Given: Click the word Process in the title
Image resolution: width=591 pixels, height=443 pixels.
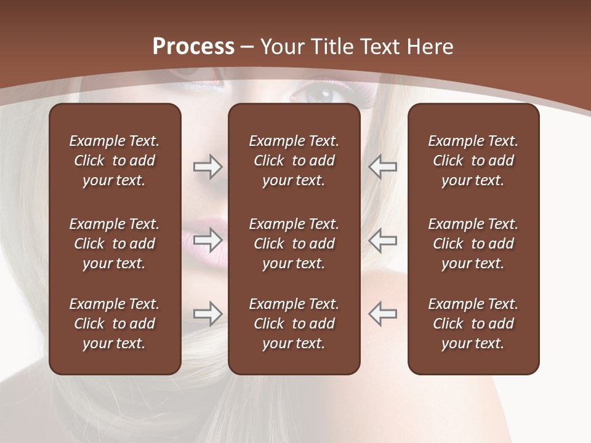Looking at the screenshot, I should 193,47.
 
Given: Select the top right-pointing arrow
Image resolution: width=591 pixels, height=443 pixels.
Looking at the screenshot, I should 208,167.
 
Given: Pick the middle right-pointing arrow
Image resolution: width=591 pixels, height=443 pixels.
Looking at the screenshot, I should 208,239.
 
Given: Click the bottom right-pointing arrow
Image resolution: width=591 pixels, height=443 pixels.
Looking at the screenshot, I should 208,313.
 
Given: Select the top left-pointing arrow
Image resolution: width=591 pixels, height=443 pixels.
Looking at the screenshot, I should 383,167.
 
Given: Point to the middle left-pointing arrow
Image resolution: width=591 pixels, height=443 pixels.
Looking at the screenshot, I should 383,239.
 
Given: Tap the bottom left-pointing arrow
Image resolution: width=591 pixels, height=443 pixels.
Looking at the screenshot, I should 383,313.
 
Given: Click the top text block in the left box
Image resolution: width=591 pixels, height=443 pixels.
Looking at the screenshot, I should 115,161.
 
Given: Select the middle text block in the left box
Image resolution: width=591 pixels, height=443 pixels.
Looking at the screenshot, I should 115,244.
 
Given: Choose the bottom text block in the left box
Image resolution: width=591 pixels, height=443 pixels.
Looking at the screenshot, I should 115,324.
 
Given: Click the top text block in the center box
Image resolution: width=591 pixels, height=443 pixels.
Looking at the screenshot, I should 294,161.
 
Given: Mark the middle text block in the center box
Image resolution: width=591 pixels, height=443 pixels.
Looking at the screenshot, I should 294,244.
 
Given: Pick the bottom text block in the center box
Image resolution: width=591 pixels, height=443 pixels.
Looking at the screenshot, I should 294,324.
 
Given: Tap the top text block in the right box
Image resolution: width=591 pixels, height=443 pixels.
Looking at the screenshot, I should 473,161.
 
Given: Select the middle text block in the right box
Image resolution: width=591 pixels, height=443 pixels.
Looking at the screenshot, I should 473,244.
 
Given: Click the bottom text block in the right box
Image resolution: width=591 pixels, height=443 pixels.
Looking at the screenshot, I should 473,324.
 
